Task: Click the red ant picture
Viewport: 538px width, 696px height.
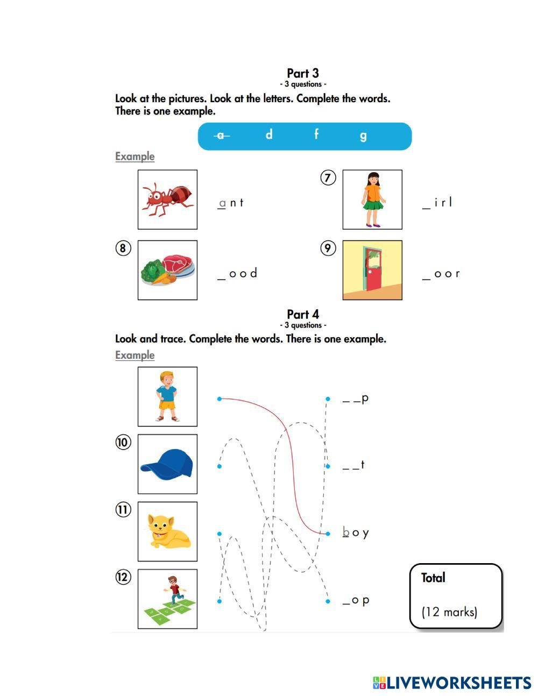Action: [x=167, y=199]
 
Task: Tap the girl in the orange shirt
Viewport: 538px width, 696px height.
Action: [x=372, y=199]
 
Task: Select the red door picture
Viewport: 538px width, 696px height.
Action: [x=372, y=269]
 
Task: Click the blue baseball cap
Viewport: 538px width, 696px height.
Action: [x=167, y=464]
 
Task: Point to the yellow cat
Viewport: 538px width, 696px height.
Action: [x=167, y=531]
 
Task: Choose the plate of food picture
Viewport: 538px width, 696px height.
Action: [x=167, y=269]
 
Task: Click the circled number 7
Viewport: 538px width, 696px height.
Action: [x=328, y=177]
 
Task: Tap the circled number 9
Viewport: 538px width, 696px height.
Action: [x=328, y=248]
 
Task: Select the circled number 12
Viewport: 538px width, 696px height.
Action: [x=123, y=577]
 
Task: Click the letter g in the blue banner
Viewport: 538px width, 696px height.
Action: [x=363, y=136]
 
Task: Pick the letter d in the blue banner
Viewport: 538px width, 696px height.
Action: [x=269, y=134]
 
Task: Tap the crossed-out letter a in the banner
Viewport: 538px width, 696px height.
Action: [x=221, y=136]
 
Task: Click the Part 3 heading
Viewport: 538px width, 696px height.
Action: [x=302, y=73]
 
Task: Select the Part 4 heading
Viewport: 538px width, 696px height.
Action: [x=302, y=314]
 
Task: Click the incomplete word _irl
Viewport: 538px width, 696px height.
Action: [x=437, y=203]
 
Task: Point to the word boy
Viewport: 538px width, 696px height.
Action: [x=356, y=533]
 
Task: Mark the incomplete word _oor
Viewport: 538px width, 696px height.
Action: [x=441, y=274]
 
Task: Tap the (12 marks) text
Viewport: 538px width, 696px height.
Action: [x=449, y=612]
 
